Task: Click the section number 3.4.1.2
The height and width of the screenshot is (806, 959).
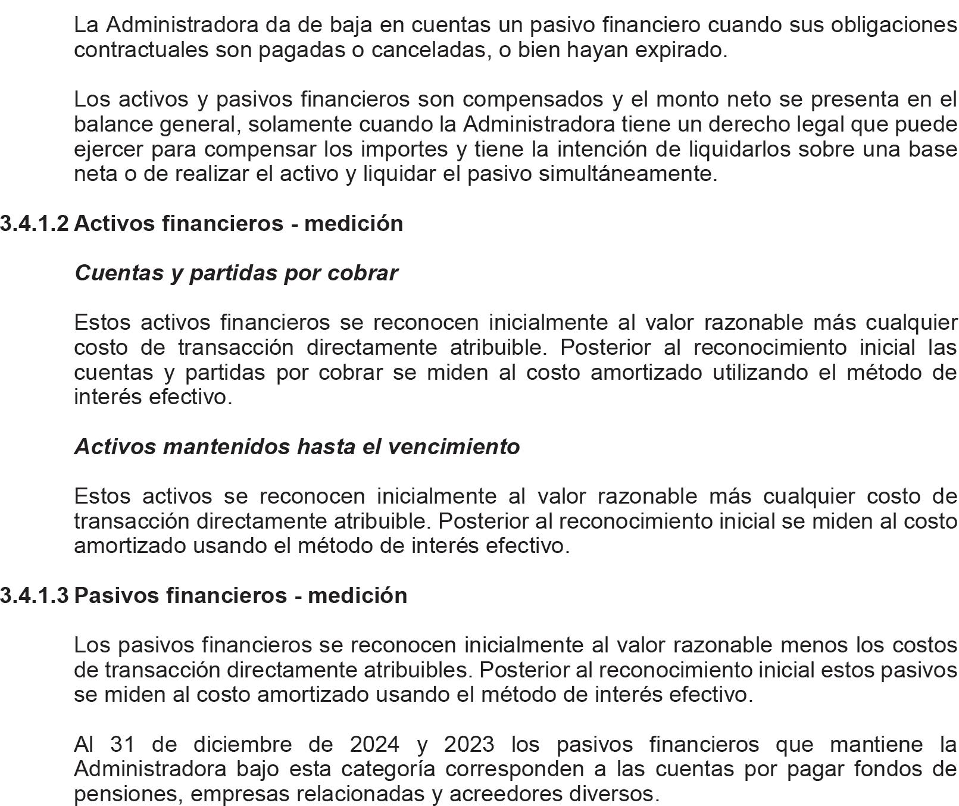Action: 35,223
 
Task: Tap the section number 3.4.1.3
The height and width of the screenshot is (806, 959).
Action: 35,595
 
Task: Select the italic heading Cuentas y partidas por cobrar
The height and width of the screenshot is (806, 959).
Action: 236,273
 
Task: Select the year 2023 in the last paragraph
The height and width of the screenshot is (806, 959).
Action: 469,744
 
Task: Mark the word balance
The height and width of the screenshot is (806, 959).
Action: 110,124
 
